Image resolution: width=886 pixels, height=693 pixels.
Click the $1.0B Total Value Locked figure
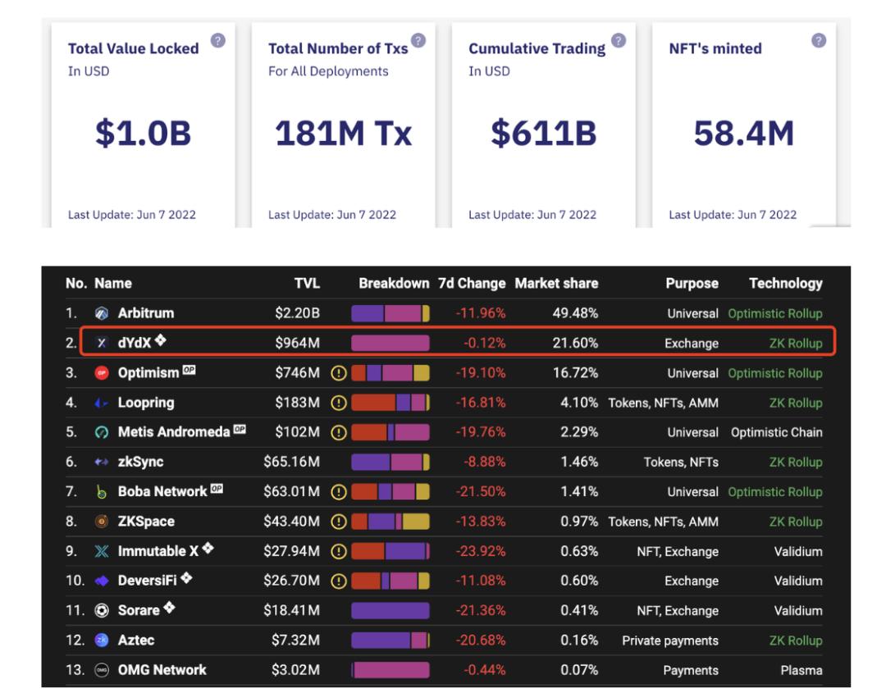143,133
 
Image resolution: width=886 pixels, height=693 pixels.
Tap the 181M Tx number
343,133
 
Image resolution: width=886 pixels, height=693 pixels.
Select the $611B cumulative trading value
543,133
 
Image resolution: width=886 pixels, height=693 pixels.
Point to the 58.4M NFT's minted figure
743,133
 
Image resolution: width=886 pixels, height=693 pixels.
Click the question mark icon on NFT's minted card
818,40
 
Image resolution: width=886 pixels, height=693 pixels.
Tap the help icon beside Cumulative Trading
619,40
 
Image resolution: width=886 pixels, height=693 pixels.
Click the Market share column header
556,284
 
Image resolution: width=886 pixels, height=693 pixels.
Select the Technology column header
785,284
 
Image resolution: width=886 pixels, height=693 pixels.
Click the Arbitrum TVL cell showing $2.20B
297,313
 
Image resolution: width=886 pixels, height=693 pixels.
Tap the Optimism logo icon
102,373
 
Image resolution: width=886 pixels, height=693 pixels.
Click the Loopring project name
145,403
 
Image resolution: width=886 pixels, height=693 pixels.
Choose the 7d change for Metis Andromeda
481,432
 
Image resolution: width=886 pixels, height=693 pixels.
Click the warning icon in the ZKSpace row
338,522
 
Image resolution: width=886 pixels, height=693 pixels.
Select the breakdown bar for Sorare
390,611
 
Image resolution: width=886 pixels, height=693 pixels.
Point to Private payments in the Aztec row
669,641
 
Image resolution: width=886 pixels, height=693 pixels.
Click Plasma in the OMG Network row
801,670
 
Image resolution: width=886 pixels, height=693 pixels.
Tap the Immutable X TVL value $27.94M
291,551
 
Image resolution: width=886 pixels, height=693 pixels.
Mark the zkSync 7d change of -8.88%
484,462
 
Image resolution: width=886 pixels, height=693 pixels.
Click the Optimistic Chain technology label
776,432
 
